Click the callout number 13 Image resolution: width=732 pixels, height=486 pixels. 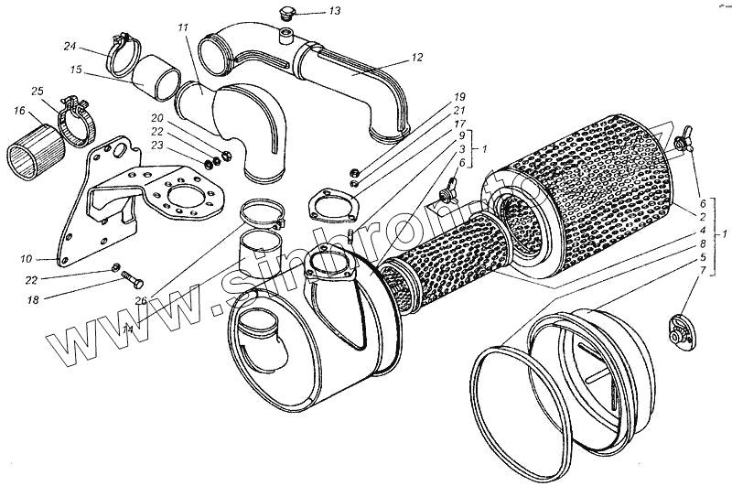(x=308, y=12)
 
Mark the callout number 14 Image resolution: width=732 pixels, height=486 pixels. (x=127, y=329)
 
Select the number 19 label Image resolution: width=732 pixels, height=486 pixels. (x=459, y=96)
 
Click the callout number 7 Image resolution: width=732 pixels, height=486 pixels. (x=701, y=271)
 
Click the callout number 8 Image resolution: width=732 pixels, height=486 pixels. (x=701, y=245)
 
